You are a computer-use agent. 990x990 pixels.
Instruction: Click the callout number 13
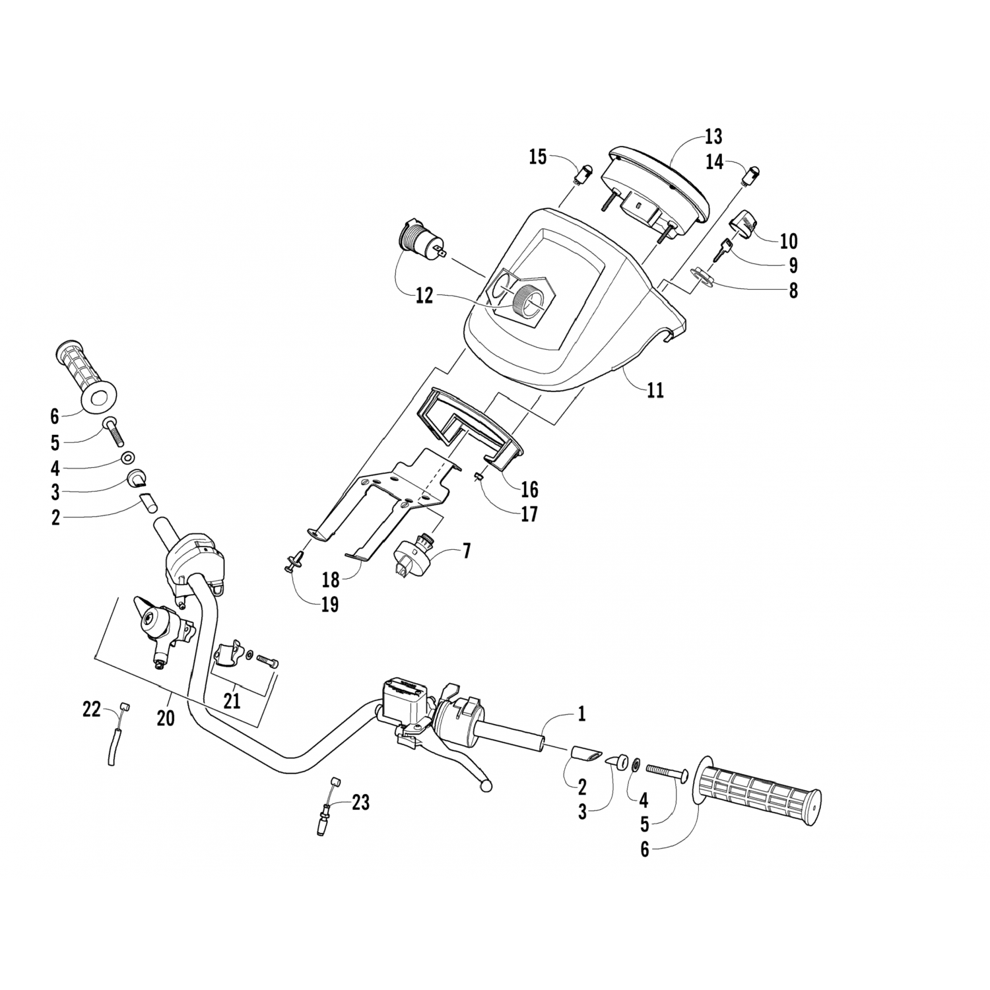[713, 137]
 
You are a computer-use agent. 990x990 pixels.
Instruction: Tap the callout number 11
[655, 390]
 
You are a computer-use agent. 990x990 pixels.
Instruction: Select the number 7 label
[467, 550]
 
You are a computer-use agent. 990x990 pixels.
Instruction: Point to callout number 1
[581, 713]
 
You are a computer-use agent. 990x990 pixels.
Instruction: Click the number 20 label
[166, 717]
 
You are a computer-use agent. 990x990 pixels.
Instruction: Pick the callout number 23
[360, 803]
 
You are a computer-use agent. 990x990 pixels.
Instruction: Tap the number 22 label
[92, 710]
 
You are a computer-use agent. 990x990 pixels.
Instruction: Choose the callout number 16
[529, 489]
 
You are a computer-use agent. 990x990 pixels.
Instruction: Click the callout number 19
[329, 604]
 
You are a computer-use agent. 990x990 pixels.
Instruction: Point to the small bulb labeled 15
[583, 177]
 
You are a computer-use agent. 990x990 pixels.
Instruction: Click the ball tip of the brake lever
[488, 786]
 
